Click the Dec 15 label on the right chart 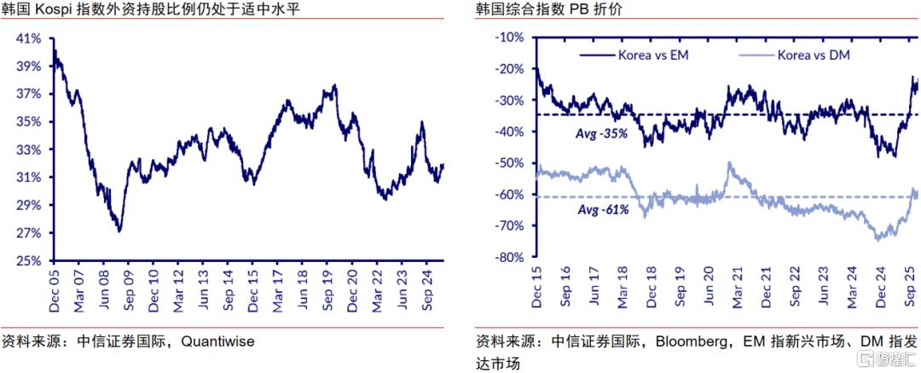coord(536,285)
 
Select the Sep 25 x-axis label coord(911,285)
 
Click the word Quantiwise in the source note coord(218,341)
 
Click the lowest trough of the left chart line coord(119,231)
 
